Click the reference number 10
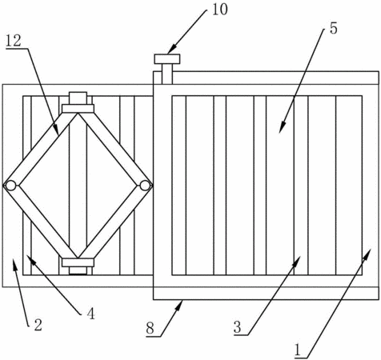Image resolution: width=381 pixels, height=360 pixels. point(220,10)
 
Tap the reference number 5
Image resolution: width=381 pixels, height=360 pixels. point(333,28)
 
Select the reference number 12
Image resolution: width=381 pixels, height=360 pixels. point(14,41)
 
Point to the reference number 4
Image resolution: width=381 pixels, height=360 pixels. point(90,314)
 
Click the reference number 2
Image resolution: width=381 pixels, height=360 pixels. point(38,325)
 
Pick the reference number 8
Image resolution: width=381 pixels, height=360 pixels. point(150,328)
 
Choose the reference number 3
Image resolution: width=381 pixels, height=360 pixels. point(238,327)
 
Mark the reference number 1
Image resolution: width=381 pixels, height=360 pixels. point(298,350)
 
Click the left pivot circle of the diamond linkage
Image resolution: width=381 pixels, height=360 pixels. point(10,186)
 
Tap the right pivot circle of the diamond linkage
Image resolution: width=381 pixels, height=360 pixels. point(145,186)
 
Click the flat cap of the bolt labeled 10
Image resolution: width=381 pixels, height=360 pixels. point(167,59)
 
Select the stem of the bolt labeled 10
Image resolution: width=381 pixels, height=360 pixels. point(167,74)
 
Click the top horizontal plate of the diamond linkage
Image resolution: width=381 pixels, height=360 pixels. point(78,109)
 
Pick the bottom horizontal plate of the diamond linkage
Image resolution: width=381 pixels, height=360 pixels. point(78,262)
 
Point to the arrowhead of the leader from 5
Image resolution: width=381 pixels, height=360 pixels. point(282,127)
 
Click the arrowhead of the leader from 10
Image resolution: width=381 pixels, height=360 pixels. point(172,50)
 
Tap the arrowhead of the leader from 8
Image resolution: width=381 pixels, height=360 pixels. point(179,306)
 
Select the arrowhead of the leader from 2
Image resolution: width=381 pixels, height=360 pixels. point(14,263)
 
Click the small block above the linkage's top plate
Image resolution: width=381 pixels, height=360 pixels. point(78,98)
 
